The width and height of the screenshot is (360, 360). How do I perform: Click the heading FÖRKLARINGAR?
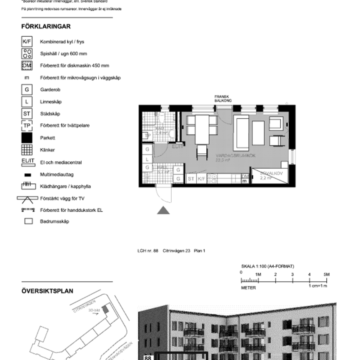point(46,26)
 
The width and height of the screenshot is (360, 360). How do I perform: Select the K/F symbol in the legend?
point(27,42)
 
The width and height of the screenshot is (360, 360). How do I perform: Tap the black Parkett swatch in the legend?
point(27,137)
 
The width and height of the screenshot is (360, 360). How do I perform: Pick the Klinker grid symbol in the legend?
point(27,150)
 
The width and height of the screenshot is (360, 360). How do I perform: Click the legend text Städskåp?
point(50,113)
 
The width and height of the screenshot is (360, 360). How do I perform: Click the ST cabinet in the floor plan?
point(191,179)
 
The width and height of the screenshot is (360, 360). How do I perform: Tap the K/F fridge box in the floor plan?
point(202,179)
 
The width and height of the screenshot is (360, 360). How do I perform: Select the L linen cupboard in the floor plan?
point(147,159)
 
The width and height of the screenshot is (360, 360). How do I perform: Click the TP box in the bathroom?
point(147,136)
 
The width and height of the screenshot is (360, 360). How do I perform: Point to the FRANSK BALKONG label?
point(223,98)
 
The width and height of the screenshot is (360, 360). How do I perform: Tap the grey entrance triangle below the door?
point(163,210)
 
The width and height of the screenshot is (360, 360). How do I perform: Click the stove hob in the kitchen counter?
point(213,179)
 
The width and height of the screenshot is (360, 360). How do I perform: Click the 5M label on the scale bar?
point(327,274)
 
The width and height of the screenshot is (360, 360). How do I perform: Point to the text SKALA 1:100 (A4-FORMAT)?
point(267,266)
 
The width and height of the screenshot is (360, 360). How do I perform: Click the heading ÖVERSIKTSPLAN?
point(47,291)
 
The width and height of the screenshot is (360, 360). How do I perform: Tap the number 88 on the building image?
point(147,357)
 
